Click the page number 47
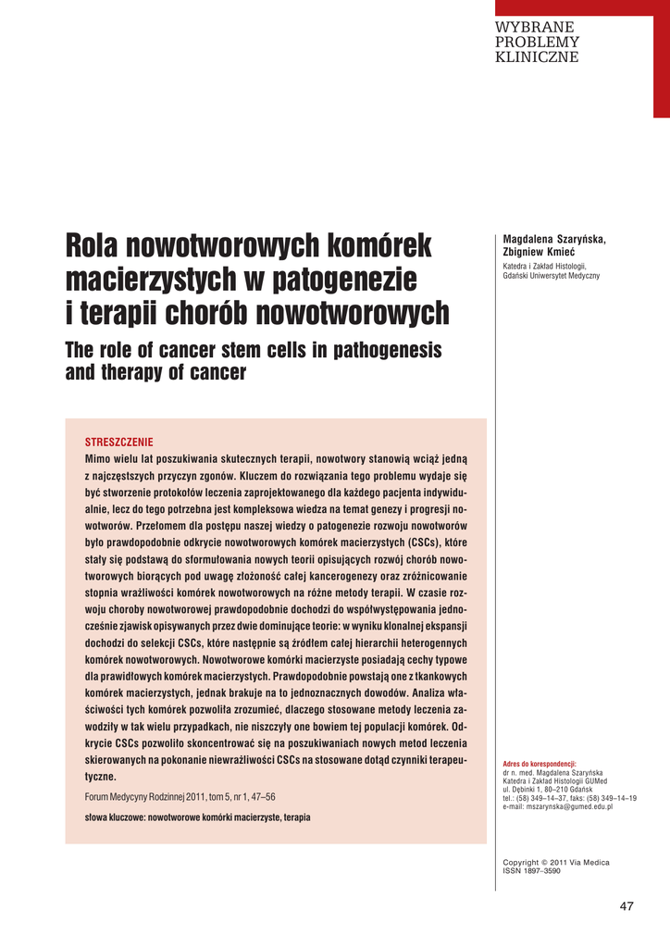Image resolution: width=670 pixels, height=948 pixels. click(x=627, y=905)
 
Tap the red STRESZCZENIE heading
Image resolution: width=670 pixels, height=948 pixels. click(x=119, y=442)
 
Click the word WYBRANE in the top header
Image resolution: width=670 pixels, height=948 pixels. click(x=535, y=27)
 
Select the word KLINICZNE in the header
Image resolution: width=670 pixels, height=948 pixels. click(x=538, y=56)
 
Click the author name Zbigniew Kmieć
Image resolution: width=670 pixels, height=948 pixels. click(x=539, y=253)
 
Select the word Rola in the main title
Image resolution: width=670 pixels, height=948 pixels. click(x=93, y=247)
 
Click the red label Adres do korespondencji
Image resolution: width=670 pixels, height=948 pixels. click(x=539, y=764)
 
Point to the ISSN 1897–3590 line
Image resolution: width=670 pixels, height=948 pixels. click(x=531, y=871)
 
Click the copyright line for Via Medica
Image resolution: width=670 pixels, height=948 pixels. click(x=556, y=862)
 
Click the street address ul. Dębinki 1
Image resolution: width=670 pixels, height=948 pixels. click(x=529, y=789)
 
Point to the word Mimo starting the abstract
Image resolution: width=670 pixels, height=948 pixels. click(x=96, y=458)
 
